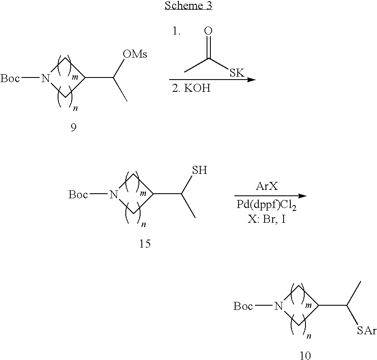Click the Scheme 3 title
188,6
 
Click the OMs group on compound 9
135,55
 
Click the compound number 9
74,128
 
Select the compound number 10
304,355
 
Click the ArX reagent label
269,187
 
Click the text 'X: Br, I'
267,219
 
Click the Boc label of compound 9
10,78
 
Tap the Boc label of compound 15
78,195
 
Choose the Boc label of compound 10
243,307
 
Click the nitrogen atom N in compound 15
112,195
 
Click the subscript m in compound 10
308,304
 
